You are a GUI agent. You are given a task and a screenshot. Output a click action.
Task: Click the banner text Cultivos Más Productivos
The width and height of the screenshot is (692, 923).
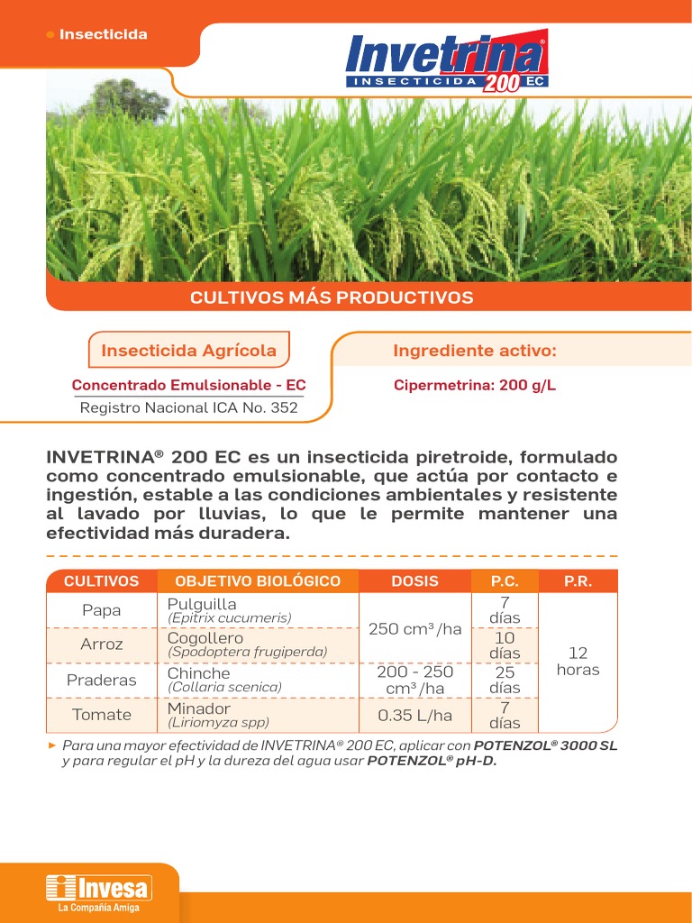pyautogui.click(x=332, y=297)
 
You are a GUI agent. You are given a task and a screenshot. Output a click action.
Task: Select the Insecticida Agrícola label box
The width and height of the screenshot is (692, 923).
pyautogui.click(x=188, y=350)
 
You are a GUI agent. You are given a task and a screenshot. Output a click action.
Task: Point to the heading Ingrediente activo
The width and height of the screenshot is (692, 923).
pyautogui.click(x=475, y=350)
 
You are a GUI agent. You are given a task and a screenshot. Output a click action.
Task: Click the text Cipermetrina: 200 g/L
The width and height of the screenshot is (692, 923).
pyautogui.click(x=475, y=385)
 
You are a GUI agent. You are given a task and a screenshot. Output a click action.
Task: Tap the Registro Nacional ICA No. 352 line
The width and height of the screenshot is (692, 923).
pyautogui.click(x=188, y=407)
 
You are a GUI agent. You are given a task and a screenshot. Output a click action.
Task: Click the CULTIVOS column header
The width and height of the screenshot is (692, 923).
pyautogui.click(x=101, y=581)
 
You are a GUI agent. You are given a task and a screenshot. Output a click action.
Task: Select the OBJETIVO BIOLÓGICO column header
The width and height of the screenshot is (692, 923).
pyautogui.click(x=258, y=581)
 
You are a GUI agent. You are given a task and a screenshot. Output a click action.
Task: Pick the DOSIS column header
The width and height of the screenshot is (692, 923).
pyautogui.click(x=414, y=581)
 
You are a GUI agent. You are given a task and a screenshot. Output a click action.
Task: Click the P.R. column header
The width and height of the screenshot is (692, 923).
pyautogui.click(x=578, y=581)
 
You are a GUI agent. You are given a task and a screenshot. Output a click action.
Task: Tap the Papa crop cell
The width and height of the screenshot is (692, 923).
pyautogui.click(x=101, y=610)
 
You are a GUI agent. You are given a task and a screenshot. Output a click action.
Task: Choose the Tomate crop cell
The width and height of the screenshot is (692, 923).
pyautogui.click(x=101, y=715)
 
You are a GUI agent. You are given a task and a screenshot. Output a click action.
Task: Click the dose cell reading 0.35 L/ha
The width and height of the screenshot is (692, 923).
pyautogui.click(x=414, y=715)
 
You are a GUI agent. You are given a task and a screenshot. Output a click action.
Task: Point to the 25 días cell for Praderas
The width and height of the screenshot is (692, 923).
pyautogui.click(x=505, y=680)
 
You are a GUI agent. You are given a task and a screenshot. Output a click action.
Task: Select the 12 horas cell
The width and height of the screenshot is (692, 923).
pyautogui.click(x=578, y=662)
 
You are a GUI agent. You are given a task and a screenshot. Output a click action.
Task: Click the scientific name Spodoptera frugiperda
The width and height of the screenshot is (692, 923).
pyautogui.click(x=248, y=652)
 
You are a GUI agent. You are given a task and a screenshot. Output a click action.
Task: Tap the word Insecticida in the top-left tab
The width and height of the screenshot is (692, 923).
pyautogui.click(x=103, y=34)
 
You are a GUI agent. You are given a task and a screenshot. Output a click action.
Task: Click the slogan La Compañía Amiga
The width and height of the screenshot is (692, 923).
pyautogui.click(x=99, y=908)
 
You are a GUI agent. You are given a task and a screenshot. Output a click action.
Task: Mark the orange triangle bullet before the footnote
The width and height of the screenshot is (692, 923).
pyautogui.click(x=52, y=745)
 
